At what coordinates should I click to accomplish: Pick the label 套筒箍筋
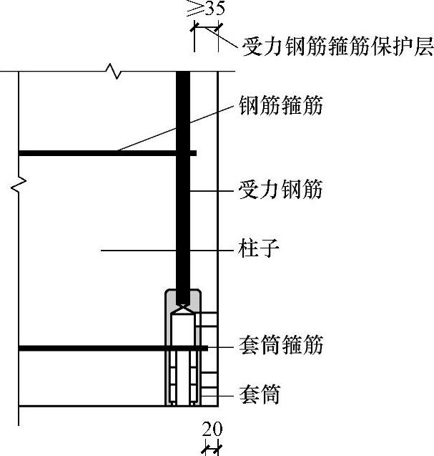[280, 346]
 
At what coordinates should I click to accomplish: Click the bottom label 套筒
[258, 394]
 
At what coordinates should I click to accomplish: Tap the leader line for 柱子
[164, 251]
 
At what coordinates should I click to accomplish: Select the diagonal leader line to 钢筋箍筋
[179, 130]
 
